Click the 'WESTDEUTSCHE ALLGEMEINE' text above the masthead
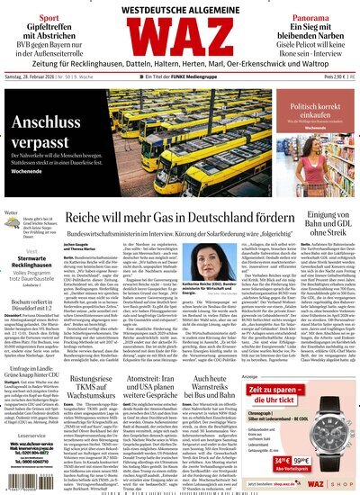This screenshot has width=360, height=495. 181,10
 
